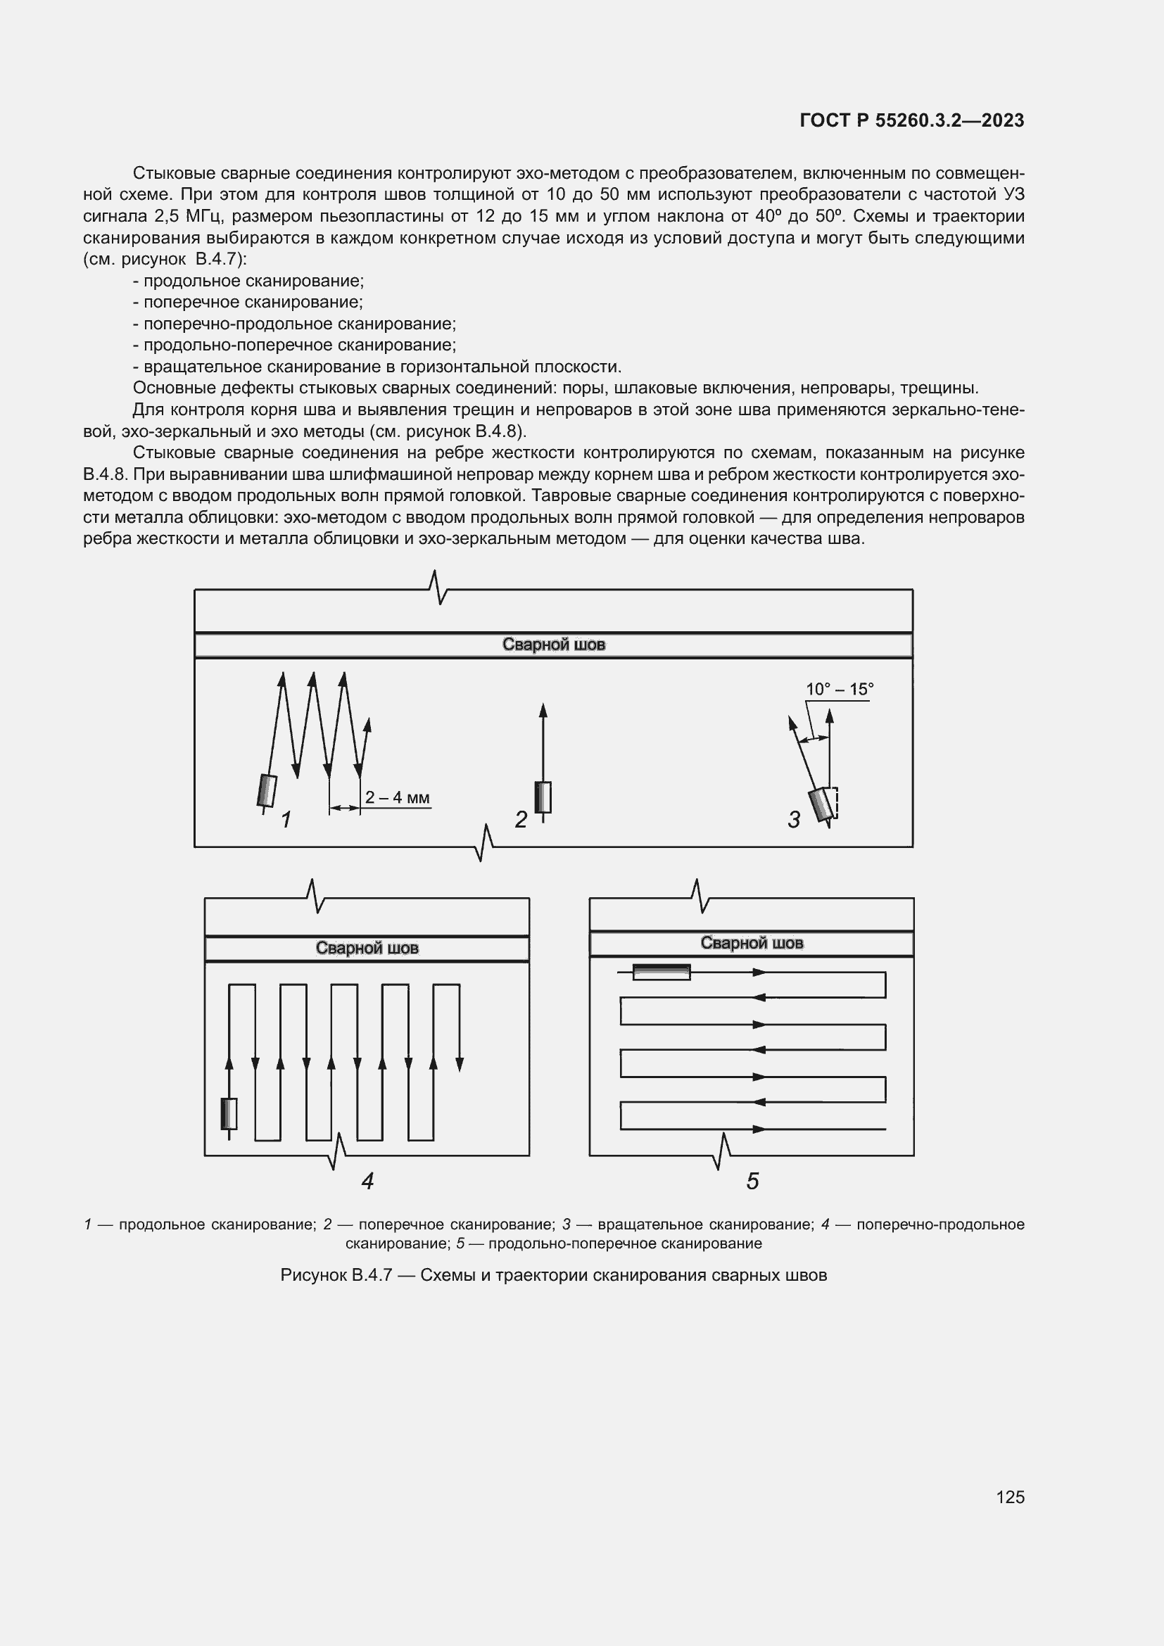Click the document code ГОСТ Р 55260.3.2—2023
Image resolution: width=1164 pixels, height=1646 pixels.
[x=911, y=120]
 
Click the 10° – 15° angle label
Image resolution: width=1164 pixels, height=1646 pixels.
[x=840, y=689]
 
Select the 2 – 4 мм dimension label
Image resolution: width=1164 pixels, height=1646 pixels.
[x=397, y=797]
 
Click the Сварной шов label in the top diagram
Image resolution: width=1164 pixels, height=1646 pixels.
[x=553, y=645]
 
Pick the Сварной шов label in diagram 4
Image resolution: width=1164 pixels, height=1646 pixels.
[x=367, y=948]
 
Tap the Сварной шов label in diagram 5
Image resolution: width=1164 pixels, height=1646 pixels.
[x=751, y=943]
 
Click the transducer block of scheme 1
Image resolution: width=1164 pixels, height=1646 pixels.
[x=266, y=791]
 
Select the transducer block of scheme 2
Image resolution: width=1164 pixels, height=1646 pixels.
[x=543, y=797]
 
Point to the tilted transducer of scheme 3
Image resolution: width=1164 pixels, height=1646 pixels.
[x=821, y=804]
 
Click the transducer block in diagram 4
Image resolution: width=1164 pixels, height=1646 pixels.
[x=229, y=1114]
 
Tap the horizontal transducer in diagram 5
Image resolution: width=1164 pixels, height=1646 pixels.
[x=661, y=972]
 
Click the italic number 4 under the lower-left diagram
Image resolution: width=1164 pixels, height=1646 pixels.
[x=367, y=1181]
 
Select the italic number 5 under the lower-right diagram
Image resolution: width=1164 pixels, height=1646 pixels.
[x=752, y=1181]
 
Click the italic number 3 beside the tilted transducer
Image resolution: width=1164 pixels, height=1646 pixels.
[x=793, y=819]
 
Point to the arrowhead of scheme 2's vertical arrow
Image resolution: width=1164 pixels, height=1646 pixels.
[x=543, y=711]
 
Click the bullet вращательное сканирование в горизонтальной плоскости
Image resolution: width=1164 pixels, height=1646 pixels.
[x=382, y=367]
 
